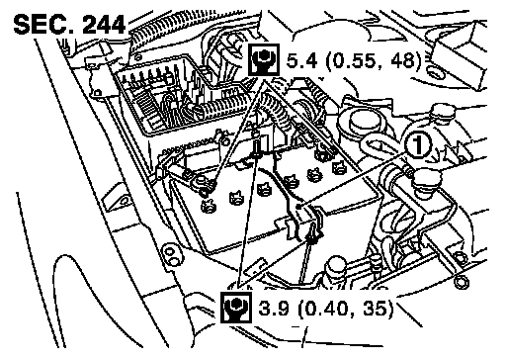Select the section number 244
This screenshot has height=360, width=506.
point(103,25)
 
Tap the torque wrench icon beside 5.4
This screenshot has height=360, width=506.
point(264,59)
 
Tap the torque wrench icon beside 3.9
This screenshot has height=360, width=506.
point(236,308)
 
